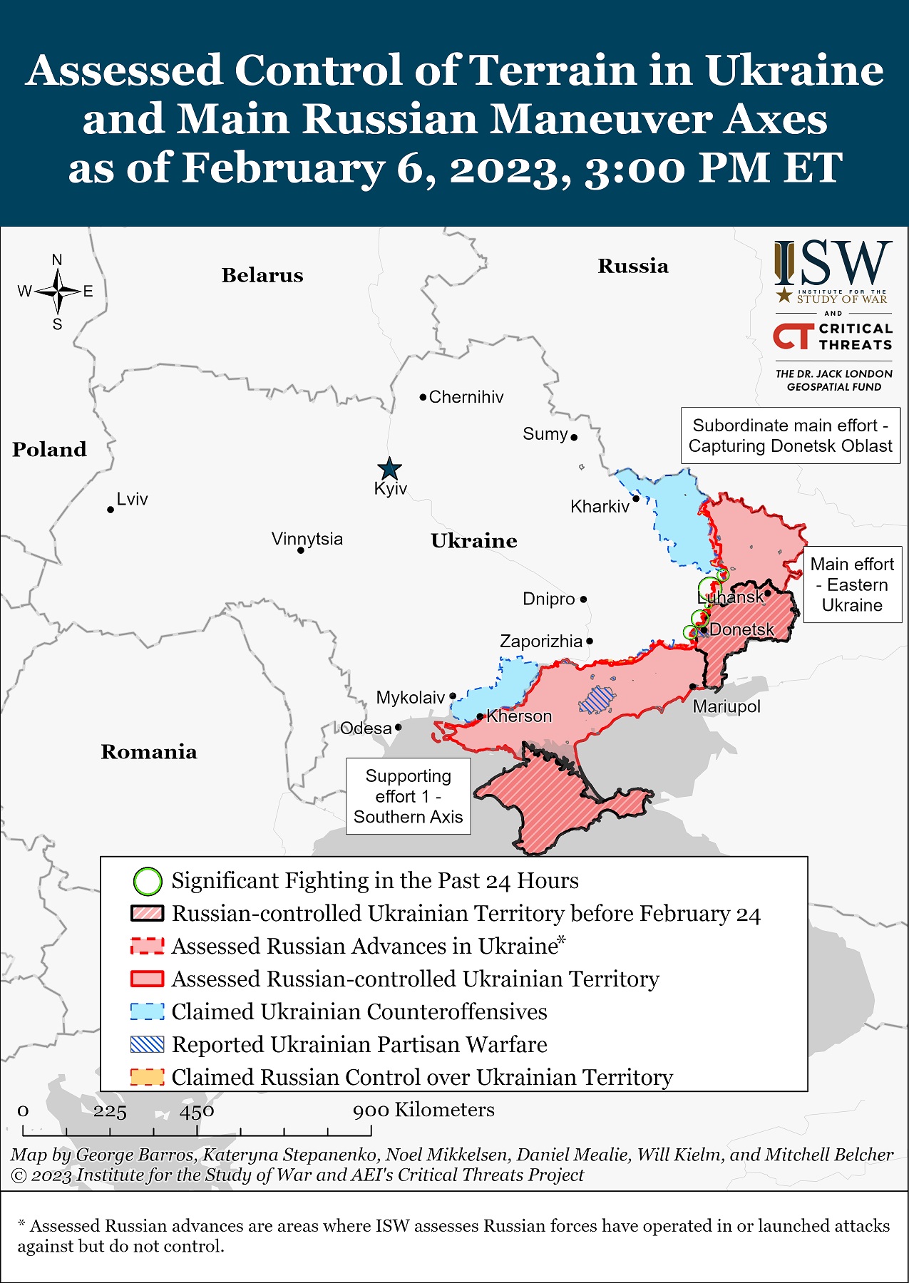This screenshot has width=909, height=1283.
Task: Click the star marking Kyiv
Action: click(x=389, y=469)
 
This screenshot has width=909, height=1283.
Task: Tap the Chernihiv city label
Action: click(x=466, y=397)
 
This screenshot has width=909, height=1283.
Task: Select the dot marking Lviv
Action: click(x=111, y=510)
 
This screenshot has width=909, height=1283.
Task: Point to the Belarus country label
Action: click(x=262, y=275)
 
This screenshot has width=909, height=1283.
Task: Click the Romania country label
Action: click(x=149, y=752)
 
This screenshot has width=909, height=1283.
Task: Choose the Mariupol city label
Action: click(x=726, y=706)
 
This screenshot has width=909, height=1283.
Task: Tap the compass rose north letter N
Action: click(x=57, y=260)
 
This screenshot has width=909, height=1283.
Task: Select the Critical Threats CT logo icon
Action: click(x=794, y=336)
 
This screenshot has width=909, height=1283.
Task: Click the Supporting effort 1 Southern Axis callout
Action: click(x=409, y=796)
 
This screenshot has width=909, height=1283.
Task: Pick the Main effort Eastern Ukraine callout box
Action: click(x=852, y=584)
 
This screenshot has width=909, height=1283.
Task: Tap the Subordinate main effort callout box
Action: click(x=790, y=436)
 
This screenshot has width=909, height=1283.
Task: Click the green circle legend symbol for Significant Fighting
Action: click(x=148, y=881)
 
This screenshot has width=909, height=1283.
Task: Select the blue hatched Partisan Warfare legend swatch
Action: click(x=148, y=1045)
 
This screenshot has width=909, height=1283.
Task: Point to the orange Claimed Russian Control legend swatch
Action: click(x=148, y=1077)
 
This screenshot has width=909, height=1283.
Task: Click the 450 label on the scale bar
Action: click(x=197, y=1111)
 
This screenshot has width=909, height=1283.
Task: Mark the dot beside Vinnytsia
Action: click(x=301, y=550)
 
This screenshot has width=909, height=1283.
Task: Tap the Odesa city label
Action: click(x=366, y=728)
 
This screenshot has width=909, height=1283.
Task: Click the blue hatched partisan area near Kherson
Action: click(x=596, y=700)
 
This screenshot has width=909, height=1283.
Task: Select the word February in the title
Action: click(x=283, y=168)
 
